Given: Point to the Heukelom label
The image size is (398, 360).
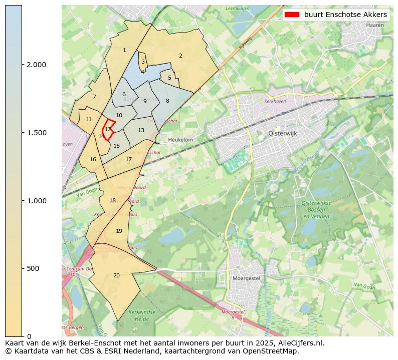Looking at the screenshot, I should coord(181,140).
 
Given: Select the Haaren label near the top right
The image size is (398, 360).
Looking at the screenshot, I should coord(375,25).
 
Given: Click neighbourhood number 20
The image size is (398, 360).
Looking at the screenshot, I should coord(116,275).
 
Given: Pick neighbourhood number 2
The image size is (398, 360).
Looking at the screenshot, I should coord(180,56).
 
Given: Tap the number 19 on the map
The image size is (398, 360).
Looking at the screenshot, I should coord(119,231).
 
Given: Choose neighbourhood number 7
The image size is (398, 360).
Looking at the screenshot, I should coord(94,97).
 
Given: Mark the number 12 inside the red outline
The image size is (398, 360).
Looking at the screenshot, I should coord(108,129).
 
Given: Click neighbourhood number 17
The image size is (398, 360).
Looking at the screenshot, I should coord(129,159).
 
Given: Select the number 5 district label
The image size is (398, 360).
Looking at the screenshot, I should coord(169,78).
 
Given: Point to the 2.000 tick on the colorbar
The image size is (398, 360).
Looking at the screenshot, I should coord(36,65).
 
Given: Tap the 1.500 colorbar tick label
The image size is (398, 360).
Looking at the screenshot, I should coord(36,133).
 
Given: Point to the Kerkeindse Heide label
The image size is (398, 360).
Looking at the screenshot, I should coord(139,315).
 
